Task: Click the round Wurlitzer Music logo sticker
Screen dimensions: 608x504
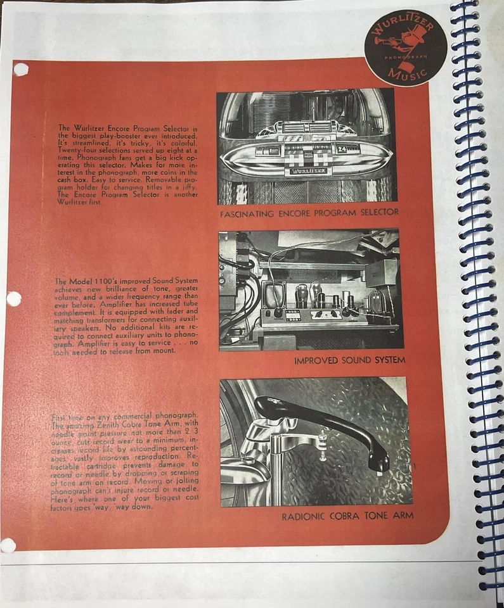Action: click(405, 47)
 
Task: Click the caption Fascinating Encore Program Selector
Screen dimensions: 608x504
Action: click(309, 213)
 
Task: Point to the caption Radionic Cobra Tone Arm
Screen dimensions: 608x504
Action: click(347, 516)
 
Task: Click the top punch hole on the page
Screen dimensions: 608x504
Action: click(21, 70)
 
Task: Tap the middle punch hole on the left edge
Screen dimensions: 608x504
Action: click(13, 299)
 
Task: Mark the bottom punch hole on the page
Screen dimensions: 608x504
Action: click(8, 545)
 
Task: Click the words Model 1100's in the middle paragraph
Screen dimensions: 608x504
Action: click(91, 281)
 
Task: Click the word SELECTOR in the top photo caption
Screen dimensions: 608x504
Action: click(373, 213)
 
